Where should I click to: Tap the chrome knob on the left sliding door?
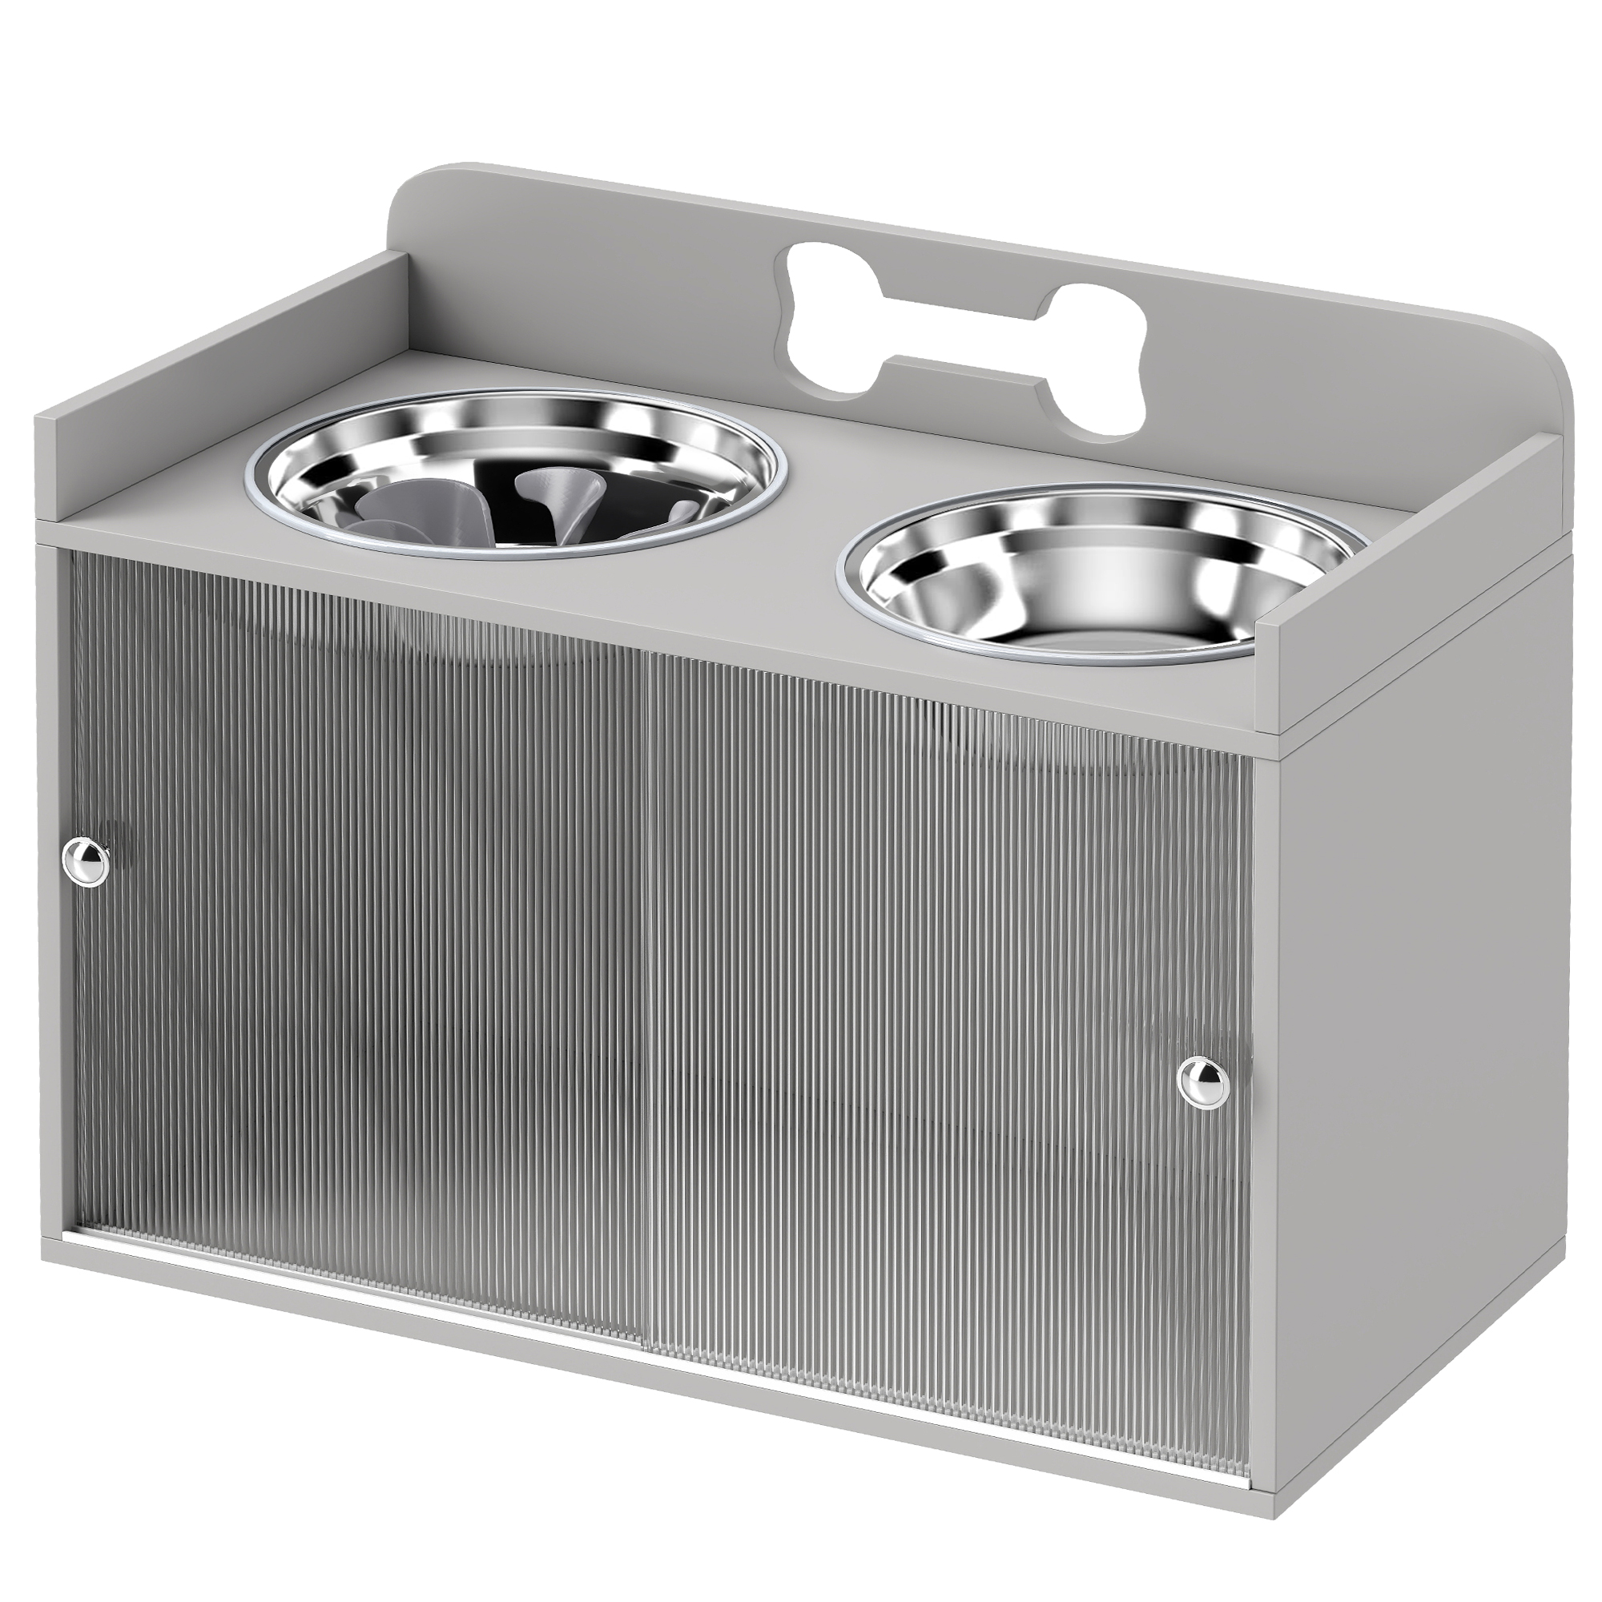pos(87,863)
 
